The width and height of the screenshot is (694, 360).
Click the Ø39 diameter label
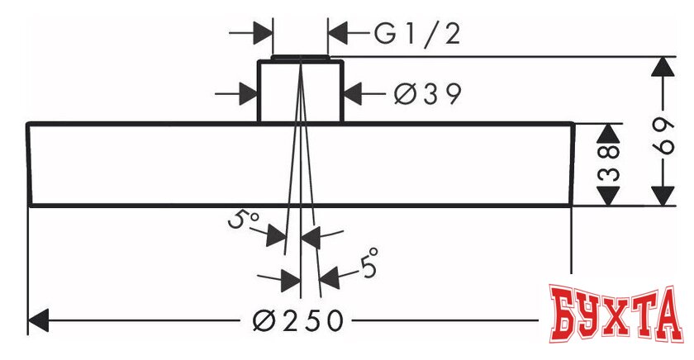[426, 94]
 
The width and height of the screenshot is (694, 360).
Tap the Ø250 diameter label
[297, 320]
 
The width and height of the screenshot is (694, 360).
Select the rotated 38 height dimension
[609, 163]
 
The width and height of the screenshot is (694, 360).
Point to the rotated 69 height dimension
[662, 131]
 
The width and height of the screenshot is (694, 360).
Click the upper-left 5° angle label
[245, 220]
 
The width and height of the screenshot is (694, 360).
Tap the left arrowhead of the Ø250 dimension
[41, 320]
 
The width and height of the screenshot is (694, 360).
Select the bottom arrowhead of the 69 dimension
[662, 196]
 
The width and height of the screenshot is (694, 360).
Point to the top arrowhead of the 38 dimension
[609, 134]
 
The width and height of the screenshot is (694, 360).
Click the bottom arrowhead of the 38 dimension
[609, 196]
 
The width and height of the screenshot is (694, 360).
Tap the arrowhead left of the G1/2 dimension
[263, 34]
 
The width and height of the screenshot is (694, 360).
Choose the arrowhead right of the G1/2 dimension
[340, 34]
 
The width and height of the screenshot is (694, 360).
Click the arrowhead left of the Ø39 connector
[247, 93]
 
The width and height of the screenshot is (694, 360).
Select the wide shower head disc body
[165, 164]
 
